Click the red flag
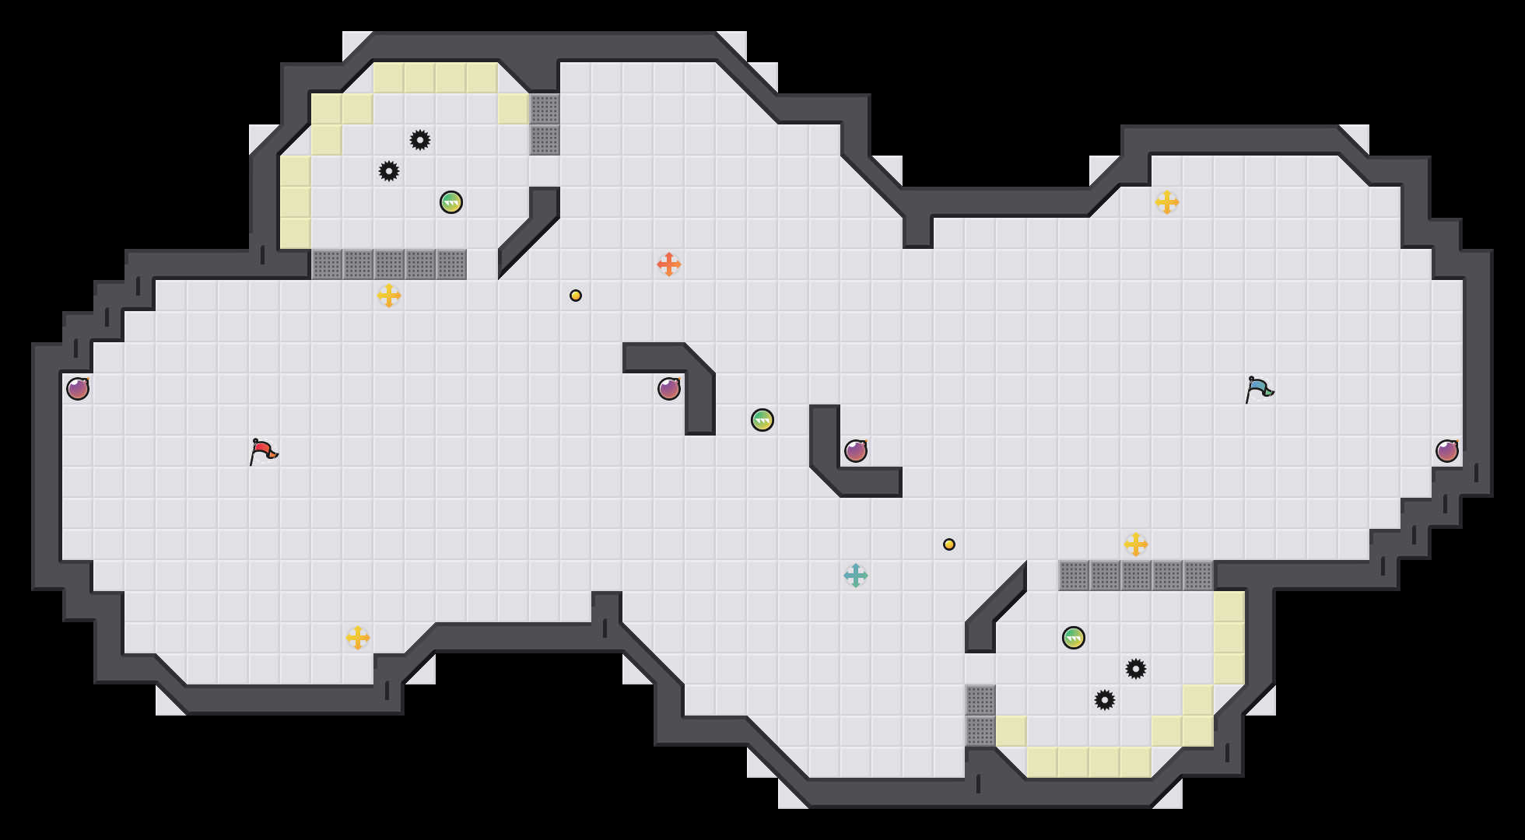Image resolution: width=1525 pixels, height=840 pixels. click(263, 451)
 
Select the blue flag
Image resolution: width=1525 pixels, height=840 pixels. click(1258, 389)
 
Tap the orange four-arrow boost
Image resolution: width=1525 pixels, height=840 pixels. click(669, 264)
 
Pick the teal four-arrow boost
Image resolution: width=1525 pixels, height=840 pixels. click(856, 576)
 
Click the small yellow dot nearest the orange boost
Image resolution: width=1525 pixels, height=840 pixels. click(576, 296)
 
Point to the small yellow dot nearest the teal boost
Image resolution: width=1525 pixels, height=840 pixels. click(949, 544)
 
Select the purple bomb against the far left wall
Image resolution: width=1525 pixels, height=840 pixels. click(78, 389)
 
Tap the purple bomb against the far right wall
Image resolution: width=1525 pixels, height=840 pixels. click(1447, 451)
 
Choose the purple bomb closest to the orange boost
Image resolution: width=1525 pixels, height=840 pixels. click(669, 389)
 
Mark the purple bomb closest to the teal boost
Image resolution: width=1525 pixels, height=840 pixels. click(856, 451)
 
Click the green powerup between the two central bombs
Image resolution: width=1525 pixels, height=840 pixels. click(762, 420)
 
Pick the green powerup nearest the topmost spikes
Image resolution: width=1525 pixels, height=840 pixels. click(451, 202)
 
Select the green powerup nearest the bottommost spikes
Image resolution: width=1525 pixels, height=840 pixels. click(1074, 638)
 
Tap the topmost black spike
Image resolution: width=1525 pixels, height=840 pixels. click(420, 140)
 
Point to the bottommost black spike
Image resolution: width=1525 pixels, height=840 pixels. click(1105, 700)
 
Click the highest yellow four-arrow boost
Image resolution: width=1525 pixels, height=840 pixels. click(1167, 202)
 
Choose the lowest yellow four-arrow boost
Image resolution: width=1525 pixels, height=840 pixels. click(358, 638)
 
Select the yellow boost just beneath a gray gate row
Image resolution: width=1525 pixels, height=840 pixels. click(389, 296)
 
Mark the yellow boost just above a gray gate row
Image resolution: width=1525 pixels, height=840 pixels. click(1136, 544)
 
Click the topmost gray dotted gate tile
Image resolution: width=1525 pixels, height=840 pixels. click(545, 109)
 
